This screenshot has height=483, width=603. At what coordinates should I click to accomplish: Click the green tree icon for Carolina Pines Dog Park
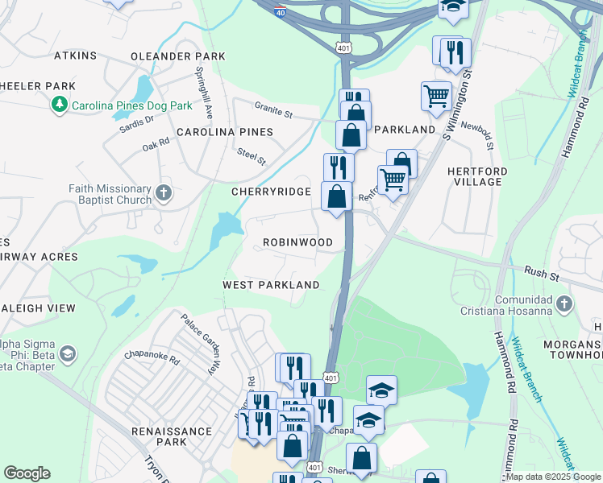[x=59, y=105]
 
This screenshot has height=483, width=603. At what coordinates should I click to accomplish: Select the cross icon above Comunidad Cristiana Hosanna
[x=564, y=303]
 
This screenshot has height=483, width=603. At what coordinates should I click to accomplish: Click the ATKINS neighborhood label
[x=75, y=56]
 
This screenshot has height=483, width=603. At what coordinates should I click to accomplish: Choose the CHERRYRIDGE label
[x=271, y=192]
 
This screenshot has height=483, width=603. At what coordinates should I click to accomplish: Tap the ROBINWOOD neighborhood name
[x=297, y=242]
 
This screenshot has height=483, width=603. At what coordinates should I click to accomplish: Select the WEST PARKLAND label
[x=271, y=285]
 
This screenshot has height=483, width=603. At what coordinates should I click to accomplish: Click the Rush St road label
[x=542, y=273]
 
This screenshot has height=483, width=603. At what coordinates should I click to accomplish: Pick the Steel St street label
[x=251, y=156]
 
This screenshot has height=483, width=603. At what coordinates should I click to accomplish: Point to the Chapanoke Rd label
[x=152, y=354]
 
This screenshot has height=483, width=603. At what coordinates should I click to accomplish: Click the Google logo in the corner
[x=27, y=473]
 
